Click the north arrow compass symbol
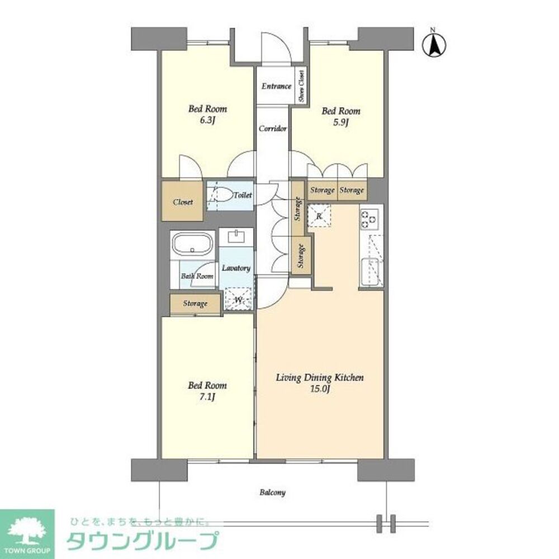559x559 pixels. click(435, 45)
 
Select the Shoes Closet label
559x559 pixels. click(301, 86)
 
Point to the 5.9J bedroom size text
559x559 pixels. click(340, 122)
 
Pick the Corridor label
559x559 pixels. click(273, 129)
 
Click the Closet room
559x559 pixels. click(183, 201)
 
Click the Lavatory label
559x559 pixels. click(235, 268)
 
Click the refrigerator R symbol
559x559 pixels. click(319, 215)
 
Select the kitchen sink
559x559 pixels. click(371, 272)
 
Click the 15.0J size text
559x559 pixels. click(320, 389)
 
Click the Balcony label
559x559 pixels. click(273, 492)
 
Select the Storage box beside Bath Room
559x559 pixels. click(195, 304)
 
